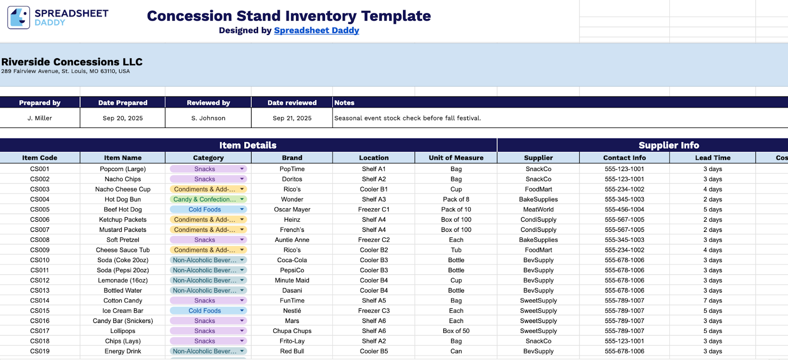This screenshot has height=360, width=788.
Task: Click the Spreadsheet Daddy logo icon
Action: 19,18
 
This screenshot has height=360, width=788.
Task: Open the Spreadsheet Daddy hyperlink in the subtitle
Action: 316,31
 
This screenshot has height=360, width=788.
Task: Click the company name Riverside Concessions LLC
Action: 72,62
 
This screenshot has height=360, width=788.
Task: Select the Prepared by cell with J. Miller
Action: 40,118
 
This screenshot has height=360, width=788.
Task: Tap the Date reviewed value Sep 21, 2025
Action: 292,118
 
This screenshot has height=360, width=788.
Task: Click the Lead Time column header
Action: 713,158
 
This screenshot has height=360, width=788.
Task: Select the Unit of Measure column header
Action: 456,158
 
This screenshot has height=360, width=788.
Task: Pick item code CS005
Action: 40,210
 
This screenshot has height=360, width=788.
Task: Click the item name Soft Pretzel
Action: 123,240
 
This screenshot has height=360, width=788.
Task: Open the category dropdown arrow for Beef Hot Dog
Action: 242,209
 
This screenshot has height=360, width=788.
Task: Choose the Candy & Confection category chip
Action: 204,199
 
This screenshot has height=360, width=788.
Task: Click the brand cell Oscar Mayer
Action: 292,210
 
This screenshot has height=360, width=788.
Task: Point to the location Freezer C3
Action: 374,311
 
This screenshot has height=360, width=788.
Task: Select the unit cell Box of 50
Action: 456,331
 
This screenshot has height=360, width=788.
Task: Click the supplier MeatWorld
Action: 538,210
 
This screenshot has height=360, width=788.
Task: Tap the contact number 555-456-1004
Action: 624,210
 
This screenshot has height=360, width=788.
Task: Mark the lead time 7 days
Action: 713,301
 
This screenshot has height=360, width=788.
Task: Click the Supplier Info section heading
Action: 669,145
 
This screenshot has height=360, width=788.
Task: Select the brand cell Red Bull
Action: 292,351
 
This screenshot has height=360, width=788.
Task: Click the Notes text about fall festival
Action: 408,118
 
